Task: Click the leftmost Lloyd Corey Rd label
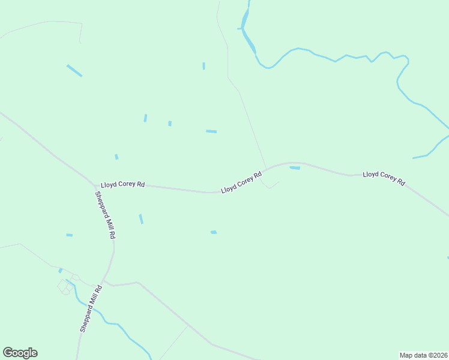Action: click(122, 185)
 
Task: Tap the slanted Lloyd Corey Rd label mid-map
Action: click(241, 182)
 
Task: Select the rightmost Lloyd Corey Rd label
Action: click(384, 178)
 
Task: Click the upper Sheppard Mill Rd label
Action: click(104, 215)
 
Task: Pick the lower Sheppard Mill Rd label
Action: click(92, 308)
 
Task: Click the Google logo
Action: click(20, 353)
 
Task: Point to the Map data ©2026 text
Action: click(423, 355)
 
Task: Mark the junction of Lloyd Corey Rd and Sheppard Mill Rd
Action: click(95, 184)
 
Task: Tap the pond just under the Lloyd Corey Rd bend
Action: click(295, 168)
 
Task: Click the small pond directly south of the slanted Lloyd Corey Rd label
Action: click(214, 232)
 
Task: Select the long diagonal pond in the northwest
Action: click(74, 70)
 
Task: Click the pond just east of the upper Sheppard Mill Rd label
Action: click(141, 218)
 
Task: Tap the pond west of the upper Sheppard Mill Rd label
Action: click(69, 235)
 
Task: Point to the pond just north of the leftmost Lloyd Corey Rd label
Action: click(116, 157)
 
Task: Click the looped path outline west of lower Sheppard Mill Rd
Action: click(66, 287)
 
